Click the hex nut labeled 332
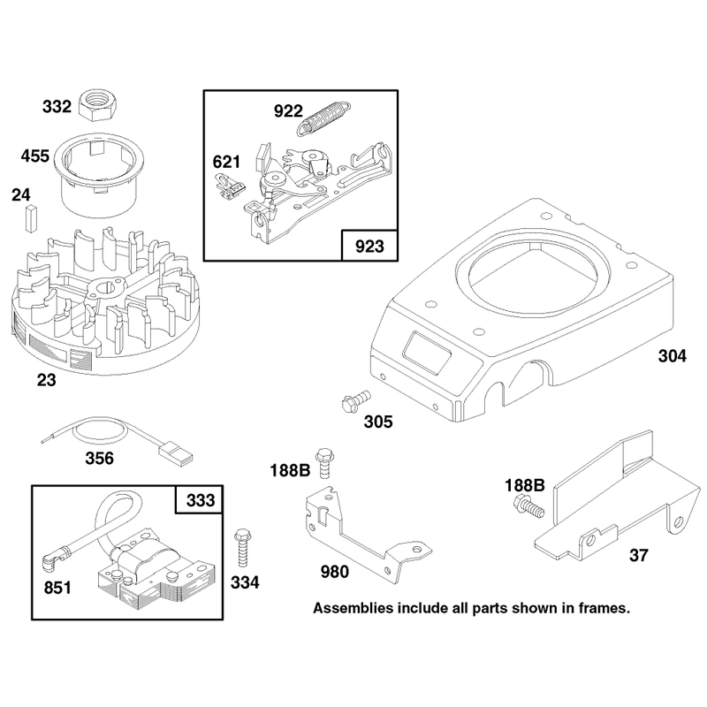(x=98, y=105)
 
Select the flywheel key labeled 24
(x=31, y=218)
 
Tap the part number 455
(x=34, y=156)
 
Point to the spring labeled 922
(x=323, y=118)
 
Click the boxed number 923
(x=369, y=247)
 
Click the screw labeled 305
(x=356, y=401)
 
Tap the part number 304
(x=673, y=356)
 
